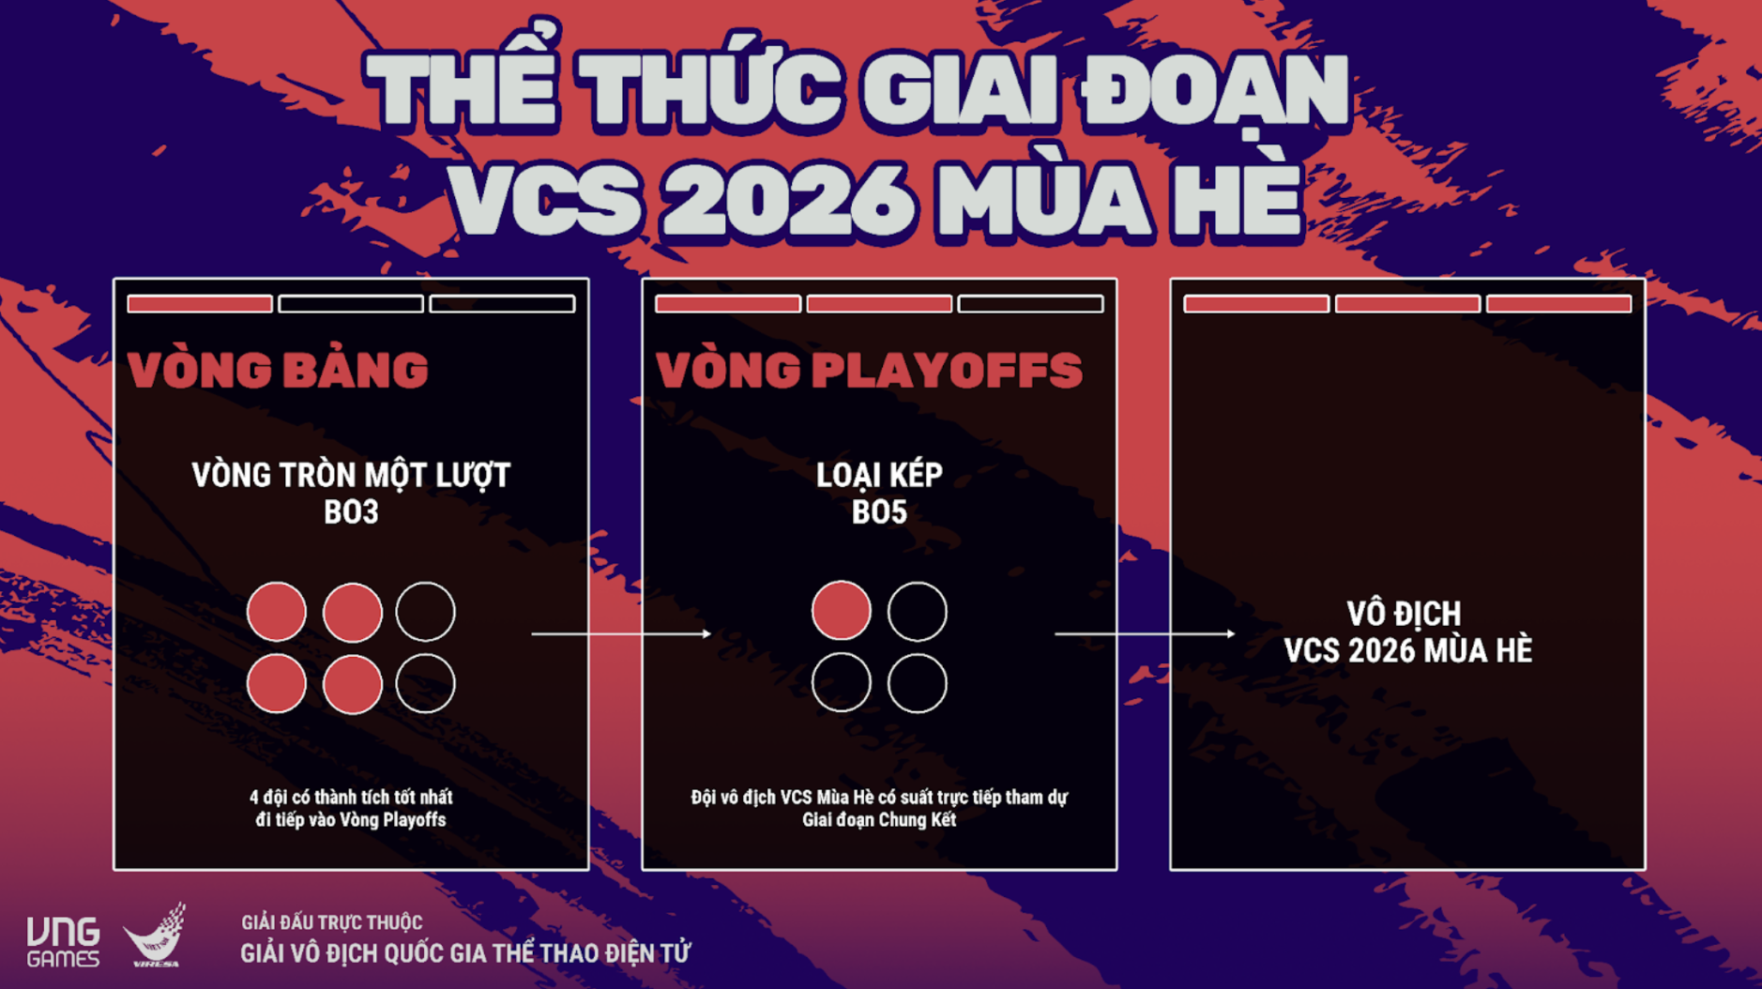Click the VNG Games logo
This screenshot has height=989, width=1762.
[x=63, y=942]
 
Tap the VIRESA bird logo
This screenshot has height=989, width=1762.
[x=156, y=936]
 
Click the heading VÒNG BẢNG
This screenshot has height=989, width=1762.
[x=278, y=370]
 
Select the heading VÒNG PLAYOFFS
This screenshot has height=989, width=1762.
[x=869, y=370]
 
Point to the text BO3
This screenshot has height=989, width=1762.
[x=351, y=512]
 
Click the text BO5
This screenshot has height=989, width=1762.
[x=879, y=512]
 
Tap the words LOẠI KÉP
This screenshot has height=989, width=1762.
[x=879, y=476]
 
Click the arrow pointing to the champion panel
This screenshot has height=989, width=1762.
[x=1145, y=634]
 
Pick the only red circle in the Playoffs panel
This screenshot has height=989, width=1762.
[x=841, y=612]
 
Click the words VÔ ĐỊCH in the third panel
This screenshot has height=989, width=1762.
[x=1405, y=615]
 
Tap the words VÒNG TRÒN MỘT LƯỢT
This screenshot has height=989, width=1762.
[x=351, y=476]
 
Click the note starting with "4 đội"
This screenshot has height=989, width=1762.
[x=351, y=808]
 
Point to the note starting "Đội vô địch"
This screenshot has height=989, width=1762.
[x=879, y=808]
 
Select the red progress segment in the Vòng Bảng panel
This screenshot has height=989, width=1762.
[x=200, y=304]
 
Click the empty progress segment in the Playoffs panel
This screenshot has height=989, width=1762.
[x=1030, y=304]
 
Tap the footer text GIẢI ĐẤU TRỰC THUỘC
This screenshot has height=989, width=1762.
[x=331, y=922]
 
